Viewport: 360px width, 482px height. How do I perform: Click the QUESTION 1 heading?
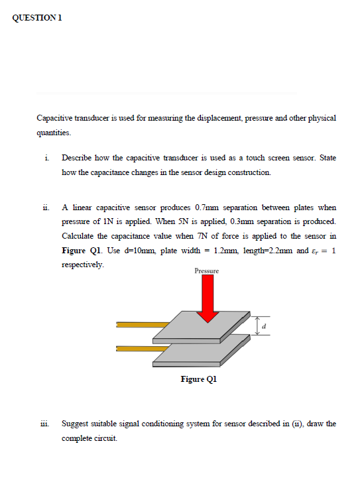coord(38,18)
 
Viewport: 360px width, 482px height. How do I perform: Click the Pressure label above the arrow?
coord(206,271)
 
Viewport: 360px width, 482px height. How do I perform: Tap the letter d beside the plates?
coord(265,325)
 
